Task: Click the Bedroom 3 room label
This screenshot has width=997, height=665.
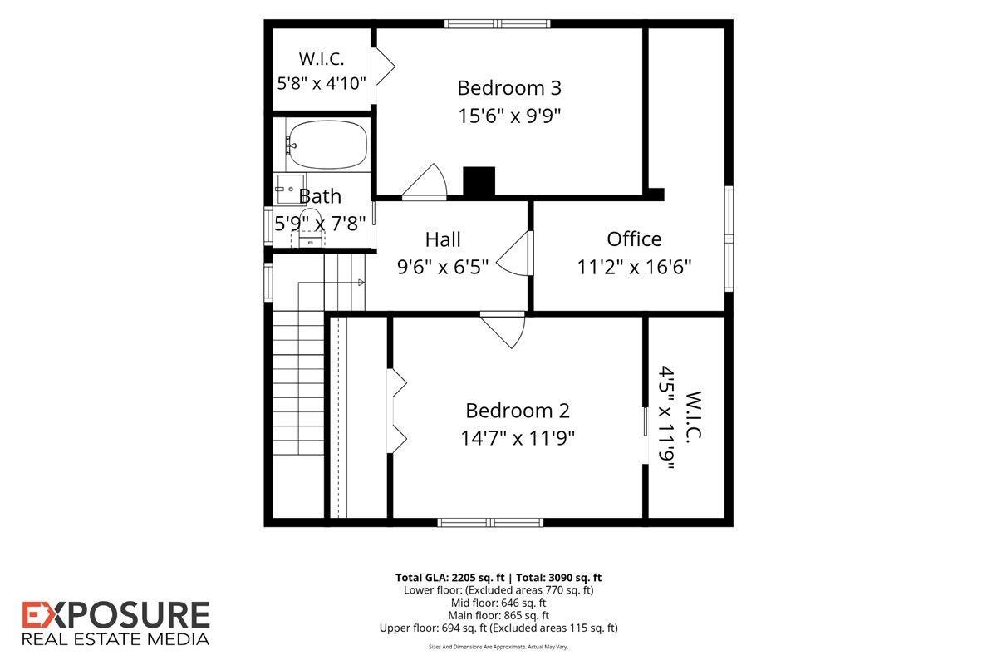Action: pos(509,88)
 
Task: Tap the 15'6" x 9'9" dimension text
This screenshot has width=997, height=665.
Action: pos(509,116)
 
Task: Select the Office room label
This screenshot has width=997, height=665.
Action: pos(634,239)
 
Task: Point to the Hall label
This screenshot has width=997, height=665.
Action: pos(442,239)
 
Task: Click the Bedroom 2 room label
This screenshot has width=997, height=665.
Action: pos(517,411)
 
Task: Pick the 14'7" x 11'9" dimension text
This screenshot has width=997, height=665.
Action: pos(517,438)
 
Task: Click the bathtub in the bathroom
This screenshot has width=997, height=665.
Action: pos(327,145)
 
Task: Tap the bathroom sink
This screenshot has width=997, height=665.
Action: pos(289,189)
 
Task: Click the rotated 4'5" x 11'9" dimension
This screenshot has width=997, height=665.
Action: pos(666,418)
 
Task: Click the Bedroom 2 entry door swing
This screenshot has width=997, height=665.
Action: pos(503,331)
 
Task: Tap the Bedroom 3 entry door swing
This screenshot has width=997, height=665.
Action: pos(425,181)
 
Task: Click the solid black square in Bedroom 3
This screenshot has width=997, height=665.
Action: pos(479,181)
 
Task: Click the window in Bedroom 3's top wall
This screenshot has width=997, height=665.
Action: pos(497,23)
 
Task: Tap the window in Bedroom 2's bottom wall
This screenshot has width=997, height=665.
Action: pos(490,523)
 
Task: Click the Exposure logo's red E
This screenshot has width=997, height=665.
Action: pos(34,614)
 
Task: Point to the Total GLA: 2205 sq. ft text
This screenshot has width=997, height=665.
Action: pos(450,578)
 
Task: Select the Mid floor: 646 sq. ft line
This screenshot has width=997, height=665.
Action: pos(498,603)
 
